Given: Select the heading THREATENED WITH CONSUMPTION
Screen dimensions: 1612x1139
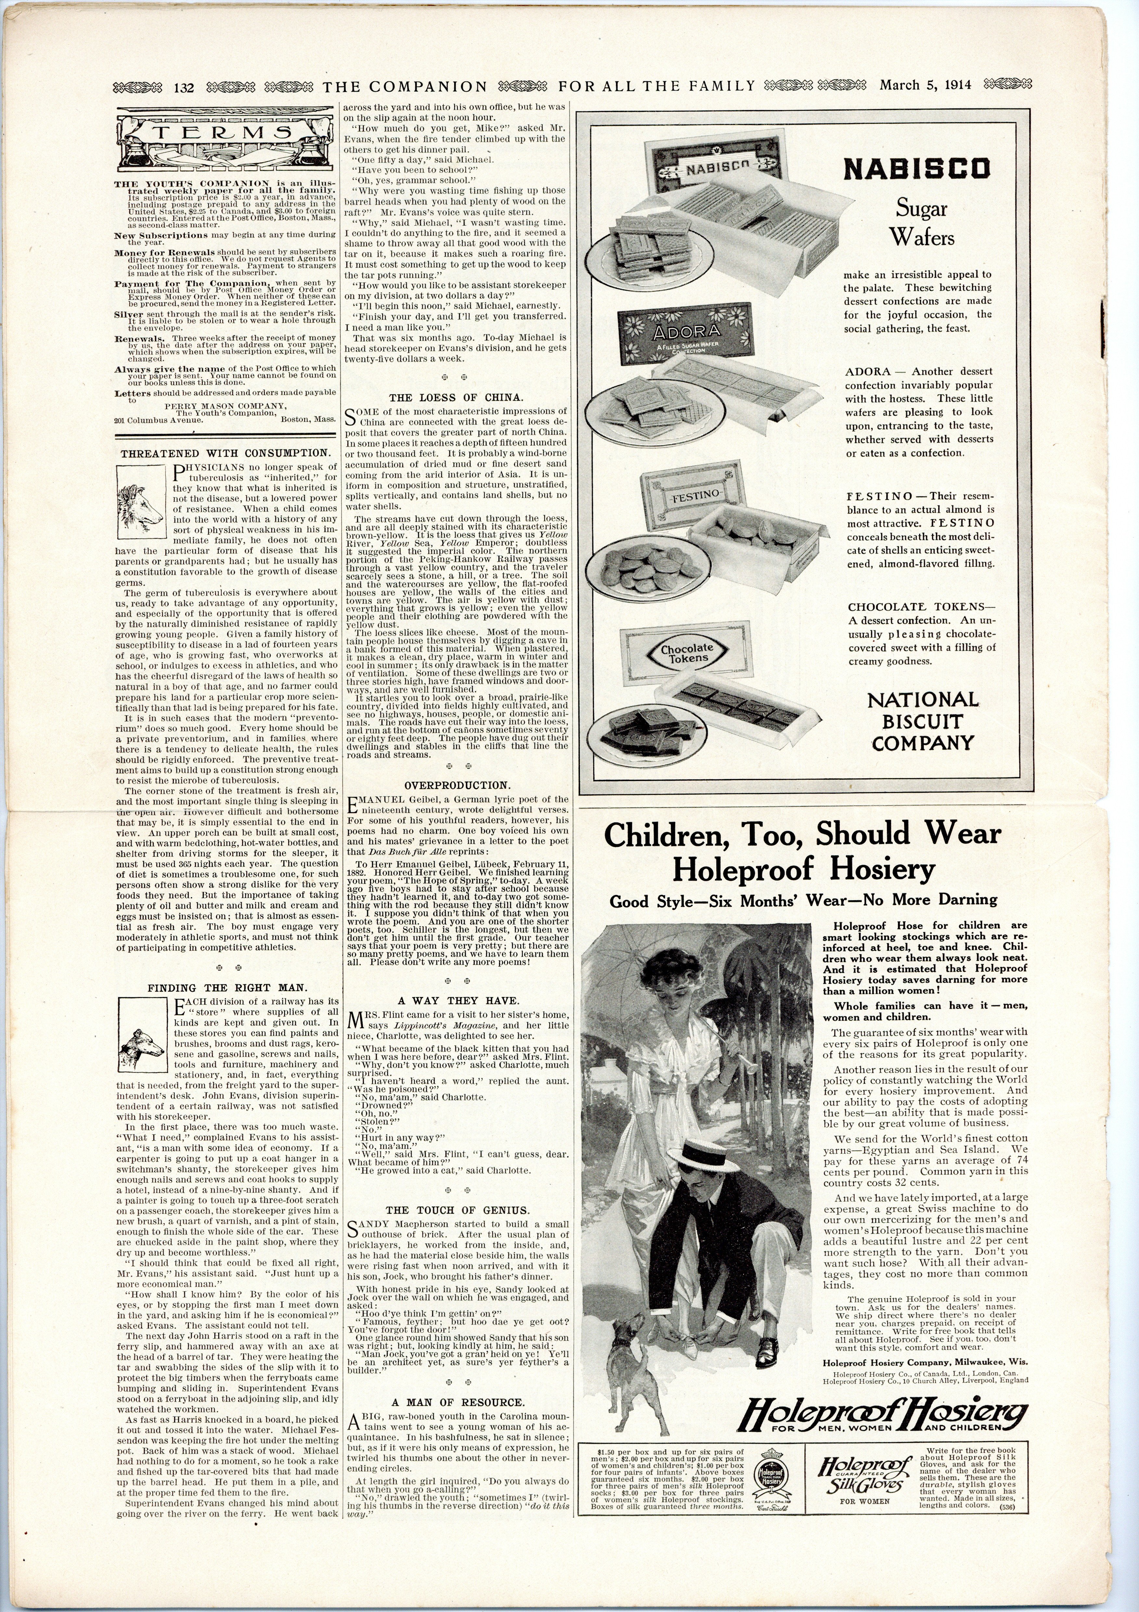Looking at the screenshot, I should (x=225, y=454).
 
